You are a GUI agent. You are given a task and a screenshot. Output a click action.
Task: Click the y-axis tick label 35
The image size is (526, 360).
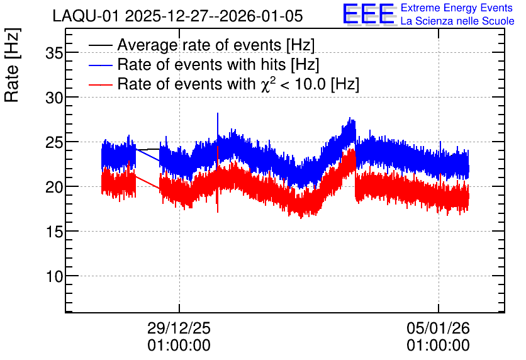click(54, 53)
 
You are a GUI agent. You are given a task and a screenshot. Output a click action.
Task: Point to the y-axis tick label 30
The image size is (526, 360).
click(54, 98)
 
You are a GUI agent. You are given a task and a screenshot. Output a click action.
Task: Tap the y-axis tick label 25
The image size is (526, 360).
click(54, 142)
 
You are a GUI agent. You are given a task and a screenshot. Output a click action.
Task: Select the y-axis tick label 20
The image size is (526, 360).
click(54, 187)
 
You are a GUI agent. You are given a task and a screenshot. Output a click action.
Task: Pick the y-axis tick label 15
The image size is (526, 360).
click(54, 232)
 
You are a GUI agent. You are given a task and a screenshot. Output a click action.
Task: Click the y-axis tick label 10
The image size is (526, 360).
click(54, 276)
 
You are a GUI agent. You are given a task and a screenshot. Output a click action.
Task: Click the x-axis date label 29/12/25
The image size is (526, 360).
click(179, 328)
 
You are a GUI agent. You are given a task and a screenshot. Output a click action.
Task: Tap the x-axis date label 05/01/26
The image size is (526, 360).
click(438, 328)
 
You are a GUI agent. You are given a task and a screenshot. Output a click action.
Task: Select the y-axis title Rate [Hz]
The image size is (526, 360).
click(12, 65)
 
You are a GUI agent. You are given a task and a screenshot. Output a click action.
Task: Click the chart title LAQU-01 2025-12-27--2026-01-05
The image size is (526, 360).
click(178, 16)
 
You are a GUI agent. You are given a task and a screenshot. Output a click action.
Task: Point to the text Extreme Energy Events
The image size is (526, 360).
click(457, 8)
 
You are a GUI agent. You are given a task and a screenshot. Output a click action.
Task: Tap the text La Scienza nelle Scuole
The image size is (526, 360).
click(457, 21)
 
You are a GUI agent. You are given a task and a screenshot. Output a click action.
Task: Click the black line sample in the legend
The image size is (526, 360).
click(100, 45)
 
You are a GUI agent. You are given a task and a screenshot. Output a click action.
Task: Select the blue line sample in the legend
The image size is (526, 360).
click(100, 65)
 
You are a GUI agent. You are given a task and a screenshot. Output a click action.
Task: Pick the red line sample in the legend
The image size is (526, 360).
click(100, 84)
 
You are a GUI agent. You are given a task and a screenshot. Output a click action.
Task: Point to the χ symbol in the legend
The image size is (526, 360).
click(265, 85)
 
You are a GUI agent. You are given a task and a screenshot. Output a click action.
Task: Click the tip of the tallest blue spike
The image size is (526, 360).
click(217, 113)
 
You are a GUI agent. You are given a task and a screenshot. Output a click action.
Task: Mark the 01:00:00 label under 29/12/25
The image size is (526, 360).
click(179, 346)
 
